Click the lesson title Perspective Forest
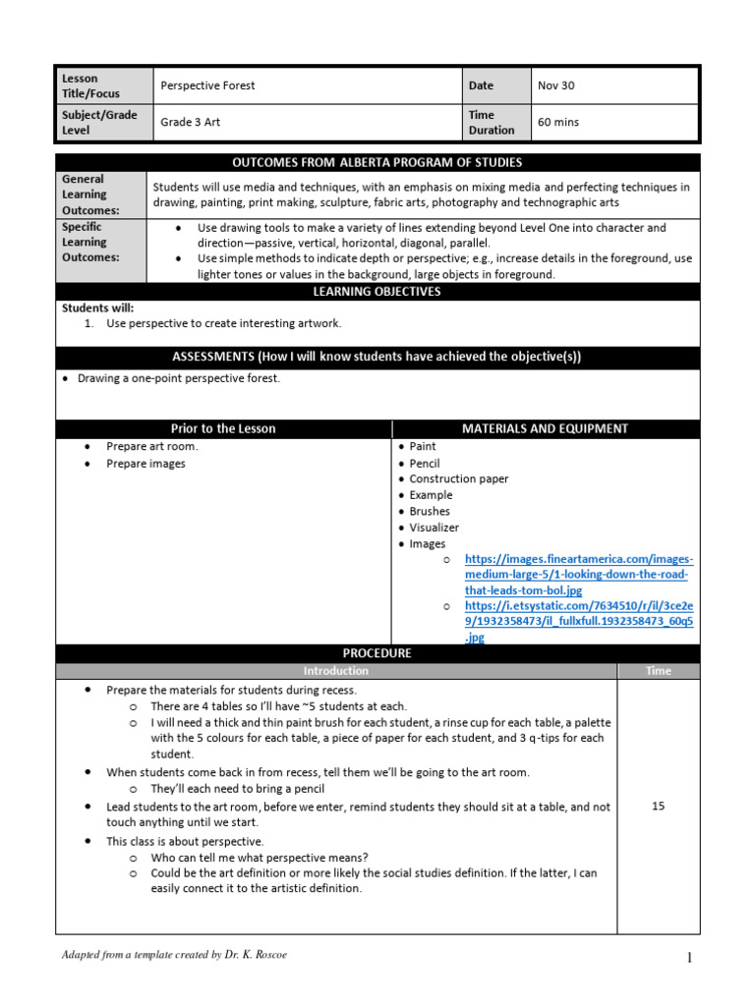coord(207,85)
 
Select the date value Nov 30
coord(555,85)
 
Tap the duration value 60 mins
coord(556,122)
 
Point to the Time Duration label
coord(492,122)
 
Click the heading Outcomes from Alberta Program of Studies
coord(377,162)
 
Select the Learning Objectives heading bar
coord(377,292)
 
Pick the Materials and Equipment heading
coord(545,428)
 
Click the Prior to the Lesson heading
coord(223,428)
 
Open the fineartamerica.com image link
coord(578,575)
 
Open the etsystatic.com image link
coord(578,621)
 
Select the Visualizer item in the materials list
coord(434,528)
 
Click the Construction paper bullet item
coord(458,479)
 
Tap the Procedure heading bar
coord(377,653)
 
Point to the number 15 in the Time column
coord(659,806)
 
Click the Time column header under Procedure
coord(659,671)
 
